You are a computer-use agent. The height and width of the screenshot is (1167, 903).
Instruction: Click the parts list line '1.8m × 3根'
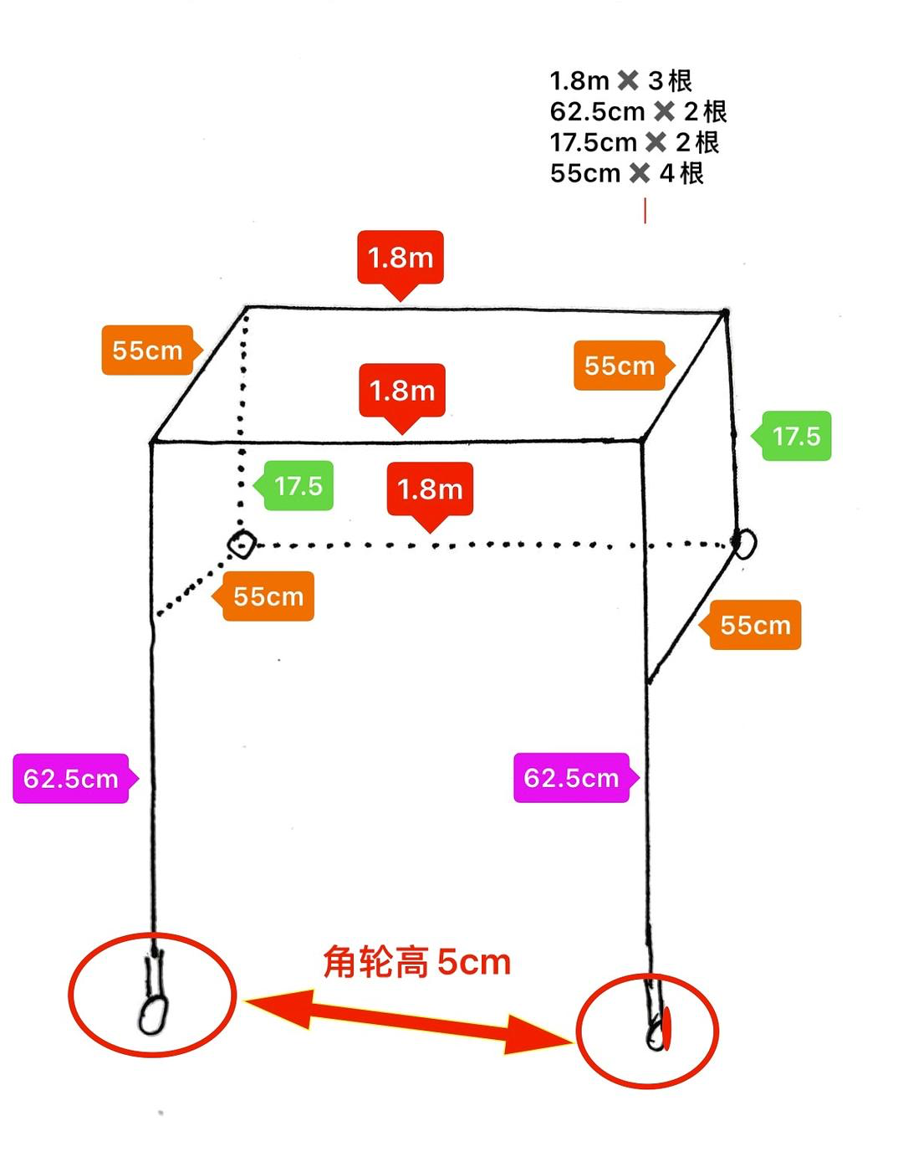click(x=620, y=81)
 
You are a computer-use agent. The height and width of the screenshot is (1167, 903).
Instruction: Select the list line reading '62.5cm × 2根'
click(x=638, y=111)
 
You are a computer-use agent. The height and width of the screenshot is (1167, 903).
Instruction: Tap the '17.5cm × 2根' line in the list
click(x=634, y=142)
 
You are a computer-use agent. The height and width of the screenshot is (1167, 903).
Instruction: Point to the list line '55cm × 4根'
click(x=626, y=173)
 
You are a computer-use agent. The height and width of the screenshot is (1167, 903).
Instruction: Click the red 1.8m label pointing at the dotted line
click(x=430, y=489)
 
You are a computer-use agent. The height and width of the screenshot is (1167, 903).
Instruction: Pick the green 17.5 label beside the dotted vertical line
click(x=298, y=486)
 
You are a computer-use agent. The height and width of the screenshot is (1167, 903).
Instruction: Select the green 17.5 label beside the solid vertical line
click(x=795, y=436)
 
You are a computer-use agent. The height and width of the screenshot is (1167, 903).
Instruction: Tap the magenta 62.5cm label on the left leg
click(x=72, y=779)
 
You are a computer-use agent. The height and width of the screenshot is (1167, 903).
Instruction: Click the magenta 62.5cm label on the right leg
click(x=572, y=778)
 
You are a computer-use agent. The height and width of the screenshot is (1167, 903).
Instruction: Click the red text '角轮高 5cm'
click(x=416, y=962)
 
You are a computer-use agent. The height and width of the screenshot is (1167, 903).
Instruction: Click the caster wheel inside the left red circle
click(x=152, y=1016)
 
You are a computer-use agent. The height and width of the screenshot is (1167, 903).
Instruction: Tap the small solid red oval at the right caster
click(x=667, y=1030)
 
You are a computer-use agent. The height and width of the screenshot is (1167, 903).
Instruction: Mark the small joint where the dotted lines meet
click(x=242, y=544)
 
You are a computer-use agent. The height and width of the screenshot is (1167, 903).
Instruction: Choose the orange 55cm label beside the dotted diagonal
click(x=268, y=596)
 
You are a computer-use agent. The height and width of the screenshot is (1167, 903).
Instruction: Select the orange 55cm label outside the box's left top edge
click(x=147, y=350)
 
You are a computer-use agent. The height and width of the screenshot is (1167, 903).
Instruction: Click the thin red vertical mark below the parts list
click(x=645, y=211)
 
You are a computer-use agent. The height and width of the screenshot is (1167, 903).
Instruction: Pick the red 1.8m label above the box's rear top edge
click(x=400, y=258)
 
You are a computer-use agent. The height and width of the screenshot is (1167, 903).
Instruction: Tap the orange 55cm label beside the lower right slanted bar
click(x=754, y=625)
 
